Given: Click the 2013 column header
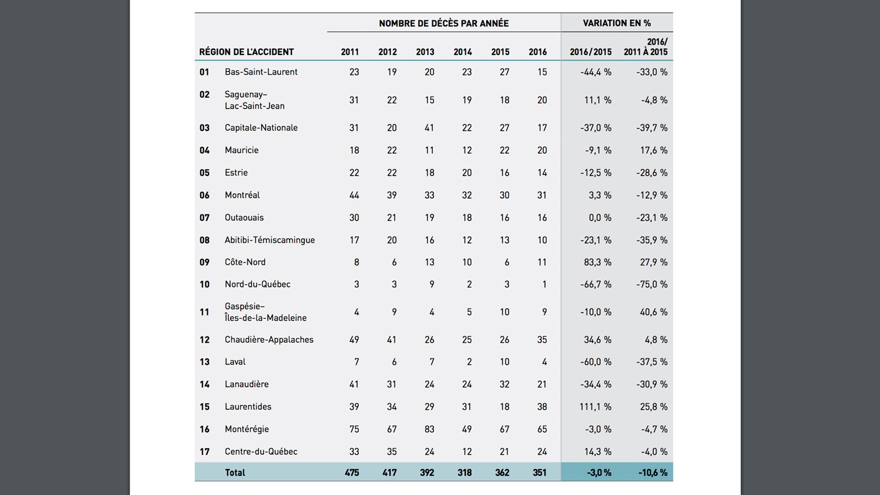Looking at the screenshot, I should coord(425,52).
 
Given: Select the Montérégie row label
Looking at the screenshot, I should coord(246,429).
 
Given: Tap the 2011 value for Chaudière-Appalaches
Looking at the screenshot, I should coord(354,340).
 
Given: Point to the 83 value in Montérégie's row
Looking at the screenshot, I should coord(429,429).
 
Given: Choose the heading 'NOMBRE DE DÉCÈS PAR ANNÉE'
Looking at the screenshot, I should coord(443,23).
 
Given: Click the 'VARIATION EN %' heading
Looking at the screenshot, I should coord(617,23).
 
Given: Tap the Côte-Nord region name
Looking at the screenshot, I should coord(245,262).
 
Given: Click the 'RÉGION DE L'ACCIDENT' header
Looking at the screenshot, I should coord(246,52).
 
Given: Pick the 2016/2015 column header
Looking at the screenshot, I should coord(590,52).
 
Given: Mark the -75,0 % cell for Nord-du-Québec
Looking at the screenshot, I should coord(653,284).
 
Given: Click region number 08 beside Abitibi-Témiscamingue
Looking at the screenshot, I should coord(205,240).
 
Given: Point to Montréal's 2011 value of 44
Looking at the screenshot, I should coord(354,195).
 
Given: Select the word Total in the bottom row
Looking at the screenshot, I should coord(235,472).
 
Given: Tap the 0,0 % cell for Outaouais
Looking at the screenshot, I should coord(599,218).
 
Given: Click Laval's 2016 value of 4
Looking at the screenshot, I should coord(544,362).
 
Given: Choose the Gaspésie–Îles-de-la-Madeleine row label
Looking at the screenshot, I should coord(265,312).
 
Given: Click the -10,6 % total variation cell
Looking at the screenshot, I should coord(653,472).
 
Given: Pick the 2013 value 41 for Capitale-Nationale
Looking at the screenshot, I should coord(429,128).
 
